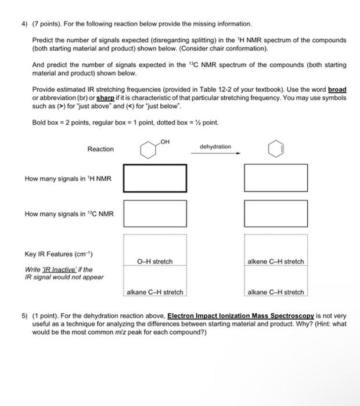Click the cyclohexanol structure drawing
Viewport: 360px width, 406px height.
point(148,150)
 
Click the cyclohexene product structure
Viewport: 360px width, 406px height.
point(275,150)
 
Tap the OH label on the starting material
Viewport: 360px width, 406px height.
point(165,141)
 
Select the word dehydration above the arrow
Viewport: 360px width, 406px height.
point(215,147)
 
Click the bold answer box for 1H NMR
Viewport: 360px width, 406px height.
point(154,178)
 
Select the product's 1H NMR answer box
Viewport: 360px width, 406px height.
point(275,178)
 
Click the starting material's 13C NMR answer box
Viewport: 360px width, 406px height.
point(154,213)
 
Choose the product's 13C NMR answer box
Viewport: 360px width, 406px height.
point(275,213)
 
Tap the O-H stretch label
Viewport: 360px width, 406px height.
point(154,262)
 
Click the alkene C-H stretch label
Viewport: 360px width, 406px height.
point(275,262)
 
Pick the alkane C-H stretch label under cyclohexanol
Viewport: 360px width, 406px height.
point(154,292)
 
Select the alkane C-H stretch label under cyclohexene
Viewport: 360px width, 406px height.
point(275,292)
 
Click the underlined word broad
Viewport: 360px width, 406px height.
point(337,90)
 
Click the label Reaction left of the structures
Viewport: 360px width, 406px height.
point(100,150)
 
